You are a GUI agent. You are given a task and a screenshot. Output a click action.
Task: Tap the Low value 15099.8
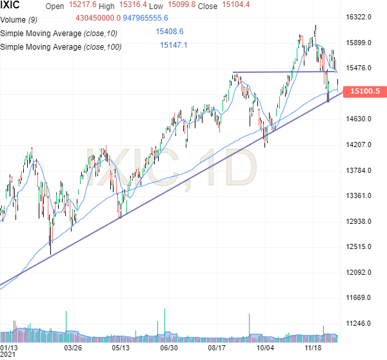coord(177,6)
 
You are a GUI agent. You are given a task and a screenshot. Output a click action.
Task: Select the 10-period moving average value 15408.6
coord(170,31)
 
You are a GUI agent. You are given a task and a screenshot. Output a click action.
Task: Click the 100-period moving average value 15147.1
coord(174,45)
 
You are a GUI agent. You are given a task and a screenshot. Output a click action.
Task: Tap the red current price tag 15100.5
coord(364,92)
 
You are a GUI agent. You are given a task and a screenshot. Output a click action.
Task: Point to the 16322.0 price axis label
coord(360,17)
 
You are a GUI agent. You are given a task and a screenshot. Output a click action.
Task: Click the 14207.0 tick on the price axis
coord(360,145)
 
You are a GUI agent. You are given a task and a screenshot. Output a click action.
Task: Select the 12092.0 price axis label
coord(360,272)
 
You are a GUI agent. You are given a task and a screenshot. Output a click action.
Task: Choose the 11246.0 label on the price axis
coord(360,323)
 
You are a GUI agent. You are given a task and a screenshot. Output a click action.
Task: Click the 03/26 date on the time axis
coord(72,347)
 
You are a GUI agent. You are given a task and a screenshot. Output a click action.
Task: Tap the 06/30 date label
coord(168,347)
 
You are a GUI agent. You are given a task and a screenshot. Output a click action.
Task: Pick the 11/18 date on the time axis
coord(313,347)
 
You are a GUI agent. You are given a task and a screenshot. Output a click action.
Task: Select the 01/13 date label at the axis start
coord(10,347)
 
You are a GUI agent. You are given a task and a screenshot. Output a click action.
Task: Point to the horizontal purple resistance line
coord(284,72)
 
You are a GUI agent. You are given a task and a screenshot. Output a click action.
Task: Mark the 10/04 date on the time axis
coord(265,347)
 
